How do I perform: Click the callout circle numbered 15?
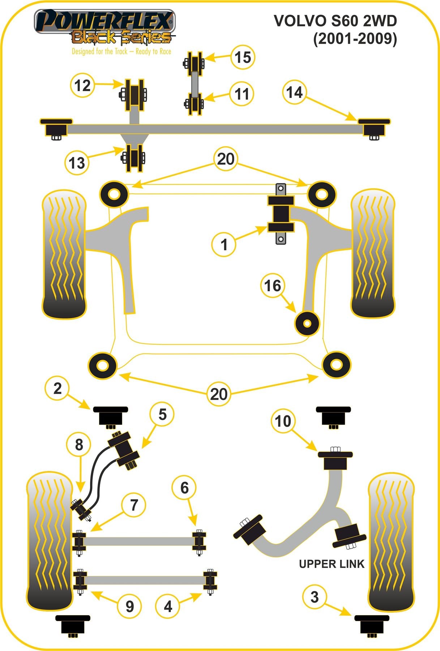243,57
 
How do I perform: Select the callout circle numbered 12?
82,86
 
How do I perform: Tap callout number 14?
294,92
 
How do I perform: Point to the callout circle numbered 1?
224,244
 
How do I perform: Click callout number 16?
273,286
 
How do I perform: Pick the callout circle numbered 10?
283,421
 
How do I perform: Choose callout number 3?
314,597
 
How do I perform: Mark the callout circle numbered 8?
79,444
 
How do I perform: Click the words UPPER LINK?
332,564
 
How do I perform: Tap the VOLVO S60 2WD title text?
335,21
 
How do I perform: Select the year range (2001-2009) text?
355,38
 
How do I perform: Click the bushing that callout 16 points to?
307,323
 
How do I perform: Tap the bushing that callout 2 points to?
110,416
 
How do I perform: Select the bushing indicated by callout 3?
372,624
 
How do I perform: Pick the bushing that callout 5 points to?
124,450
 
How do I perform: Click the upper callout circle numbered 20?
226,159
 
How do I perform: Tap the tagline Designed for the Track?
121,51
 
